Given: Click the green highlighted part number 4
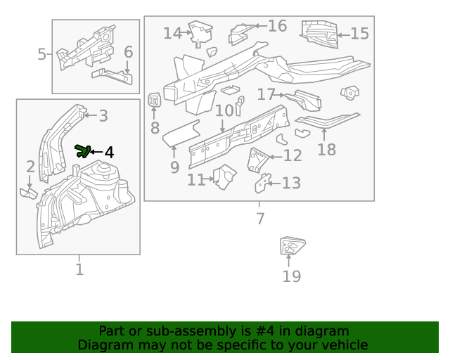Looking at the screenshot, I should coord(82,150).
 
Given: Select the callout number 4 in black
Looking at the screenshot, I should coord(108,153).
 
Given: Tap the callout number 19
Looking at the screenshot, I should coord(291,276).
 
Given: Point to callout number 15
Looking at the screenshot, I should coord(359,34).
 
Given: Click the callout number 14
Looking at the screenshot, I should coord(172,33).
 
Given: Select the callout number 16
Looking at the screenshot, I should coord(277,26).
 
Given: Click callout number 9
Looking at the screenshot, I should coord(174,167).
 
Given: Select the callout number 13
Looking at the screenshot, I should coord(291,184).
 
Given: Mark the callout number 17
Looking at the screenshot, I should coord(266,94).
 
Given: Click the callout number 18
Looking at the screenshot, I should coord(326,149).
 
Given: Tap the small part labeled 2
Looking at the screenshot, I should coord(28,191).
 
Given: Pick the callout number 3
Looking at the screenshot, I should coord(103,116).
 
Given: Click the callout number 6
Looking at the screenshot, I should coord(128,52).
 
